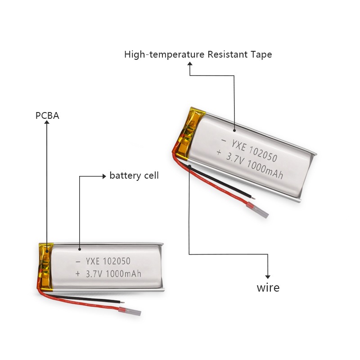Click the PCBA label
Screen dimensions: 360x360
click(x=47, y=116)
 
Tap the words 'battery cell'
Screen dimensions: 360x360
click(x=134, y=175)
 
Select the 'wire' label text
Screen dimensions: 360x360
click(x=268, y=288)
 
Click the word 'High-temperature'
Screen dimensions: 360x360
click(x=164, y=55)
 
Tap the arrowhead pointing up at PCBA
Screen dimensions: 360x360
click(x=47, y=122)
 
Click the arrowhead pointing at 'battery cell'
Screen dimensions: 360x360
click(x=104, y=176)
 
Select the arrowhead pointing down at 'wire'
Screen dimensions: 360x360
click(x=268, y=277)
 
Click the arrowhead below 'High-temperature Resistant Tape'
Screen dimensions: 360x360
click(x=190, y=63)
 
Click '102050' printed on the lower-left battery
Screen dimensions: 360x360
click(x=117, y=261)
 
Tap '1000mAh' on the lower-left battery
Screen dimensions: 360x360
click(x=124, y=274)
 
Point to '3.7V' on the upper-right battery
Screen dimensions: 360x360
click(x=235, y=159)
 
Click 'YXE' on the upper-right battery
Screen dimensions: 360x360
click(x=239, y=146)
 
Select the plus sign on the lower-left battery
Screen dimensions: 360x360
click(x=78, y=274)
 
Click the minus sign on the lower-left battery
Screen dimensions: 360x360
click(x=78, y=261)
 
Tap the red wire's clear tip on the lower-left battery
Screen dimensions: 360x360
click(x=133, y=312)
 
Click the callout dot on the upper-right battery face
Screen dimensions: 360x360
click(x=234, y=130)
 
